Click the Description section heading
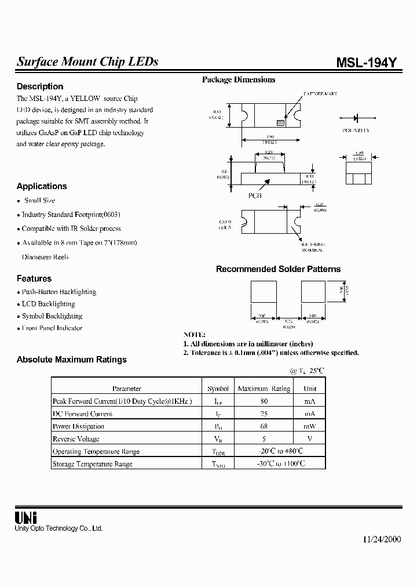tap(40, 86)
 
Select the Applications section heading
tap(42, 186)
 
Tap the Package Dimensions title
tap(238, 79)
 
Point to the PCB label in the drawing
tap(255, 195)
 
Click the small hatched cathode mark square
tap(280, 123)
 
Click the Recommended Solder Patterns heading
tap(278, 269)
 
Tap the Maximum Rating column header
tap(264, 389)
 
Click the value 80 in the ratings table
tap(264, 401)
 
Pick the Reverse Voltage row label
tap(76, 439)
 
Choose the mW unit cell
tap(310, 426)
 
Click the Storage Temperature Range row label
tap(93, 464)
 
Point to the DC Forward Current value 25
tap(264, 414)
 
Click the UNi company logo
tap(25, 518)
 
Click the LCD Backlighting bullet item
tap(48, 304)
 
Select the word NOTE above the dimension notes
tap(194, 335)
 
